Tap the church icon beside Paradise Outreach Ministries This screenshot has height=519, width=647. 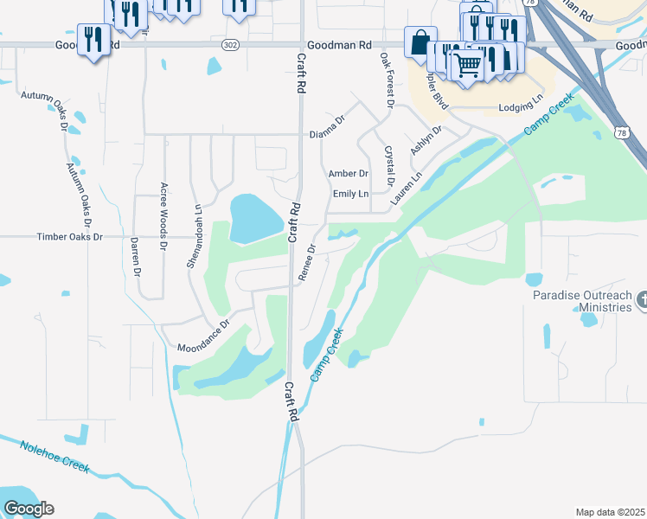641,300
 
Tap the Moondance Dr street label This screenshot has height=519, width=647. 203,336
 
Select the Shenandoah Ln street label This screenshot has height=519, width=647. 195,236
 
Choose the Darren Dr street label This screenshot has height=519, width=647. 136,258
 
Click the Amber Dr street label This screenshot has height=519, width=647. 349,174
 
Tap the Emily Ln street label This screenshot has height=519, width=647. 351,194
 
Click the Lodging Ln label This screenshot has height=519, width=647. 521,108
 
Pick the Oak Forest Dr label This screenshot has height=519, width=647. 387,80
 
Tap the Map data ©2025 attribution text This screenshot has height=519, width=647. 610,512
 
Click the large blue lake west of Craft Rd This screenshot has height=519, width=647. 254,218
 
